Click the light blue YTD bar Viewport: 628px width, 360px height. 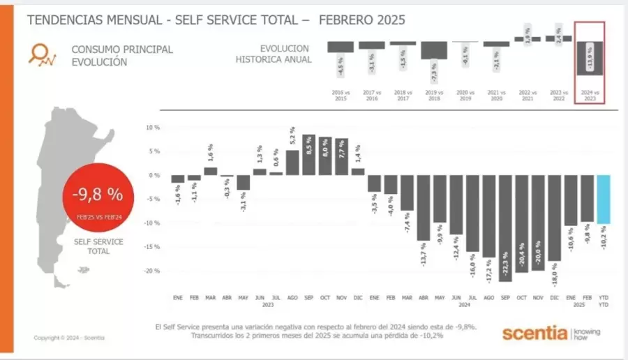603,199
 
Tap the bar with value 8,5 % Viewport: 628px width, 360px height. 308,154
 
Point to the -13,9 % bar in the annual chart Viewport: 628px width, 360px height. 589,59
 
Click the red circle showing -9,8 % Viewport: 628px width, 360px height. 95,196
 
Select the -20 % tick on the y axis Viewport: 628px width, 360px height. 152,271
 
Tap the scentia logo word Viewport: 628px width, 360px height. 534,333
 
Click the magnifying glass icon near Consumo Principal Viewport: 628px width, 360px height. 43,54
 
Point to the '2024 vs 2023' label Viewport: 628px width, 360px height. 589,96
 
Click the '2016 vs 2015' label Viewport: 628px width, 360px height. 340,96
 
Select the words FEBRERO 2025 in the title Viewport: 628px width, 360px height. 361,19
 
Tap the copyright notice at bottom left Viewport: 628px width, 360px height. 69,338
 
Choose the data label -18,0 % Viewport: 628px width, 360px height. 555,274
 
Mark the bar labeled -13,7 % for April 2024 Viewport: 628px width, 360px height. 423,207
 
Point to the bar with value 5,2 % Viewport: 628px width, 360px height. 292,162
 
